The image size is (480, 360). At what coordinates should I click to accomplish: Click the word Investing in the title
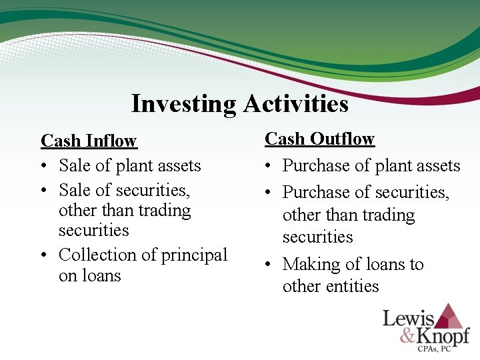click(x=183, y=104)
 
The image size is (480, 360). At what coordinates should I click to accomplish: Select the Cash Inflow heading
click(x=89, y=141)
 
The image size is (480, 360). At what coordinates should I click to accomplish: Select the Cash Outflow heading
click(x=320, y=139)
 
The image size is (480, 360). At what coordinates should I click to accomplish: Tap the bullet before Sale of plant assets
click(x=45, y=166)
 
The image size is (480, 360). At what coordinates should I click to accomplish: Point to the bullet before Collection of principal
click(x=45, y=255)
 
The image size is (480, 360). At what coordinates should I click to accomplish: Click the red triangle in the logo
click(x=451, y=316)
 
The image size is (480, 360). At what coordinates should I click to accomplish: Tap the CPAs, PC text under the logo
click(x=441, y=350)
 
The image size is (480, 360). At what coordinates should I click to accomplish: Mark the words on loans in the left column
click(x=90, y=275)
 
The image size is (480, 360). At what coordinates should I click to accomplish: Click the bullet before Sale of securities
click(x=45, y=191)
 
